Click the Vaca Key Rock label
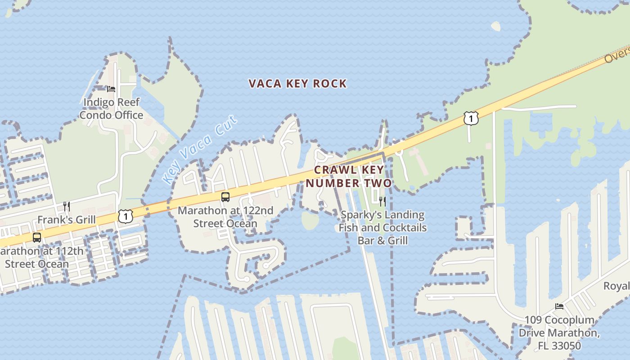coord(297,84)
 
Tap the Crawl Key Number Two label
coord(349,176)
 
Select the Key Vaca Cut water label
coord(200,149)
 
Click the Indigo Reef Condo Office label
coord(112,108)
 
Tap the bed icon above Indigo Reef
coord(111,89)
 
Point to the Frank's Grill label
coord(66,220)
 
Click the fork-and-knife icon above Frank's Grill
coord(67,206)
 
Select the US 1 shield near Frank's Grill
coord(126,216)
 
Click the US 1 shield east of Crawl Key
coord(471,118)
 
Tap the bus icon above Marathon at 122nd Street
coord(225,197)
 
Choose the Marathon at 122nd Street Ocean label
coord(225,217)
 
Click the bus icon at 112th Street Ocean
coord(37,237)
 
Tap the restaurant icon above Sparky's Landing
coord(382,201)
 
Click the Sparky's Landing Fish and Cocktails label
coord(382,228)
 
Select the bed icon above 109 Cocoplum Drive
coord(559,306)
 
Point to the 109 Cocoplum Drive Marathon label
coord(559,333)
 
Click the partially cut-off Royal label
coord(616,286)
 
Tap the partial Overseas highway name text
coord(616,56)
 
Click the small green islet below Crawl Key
coord(310,220)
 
